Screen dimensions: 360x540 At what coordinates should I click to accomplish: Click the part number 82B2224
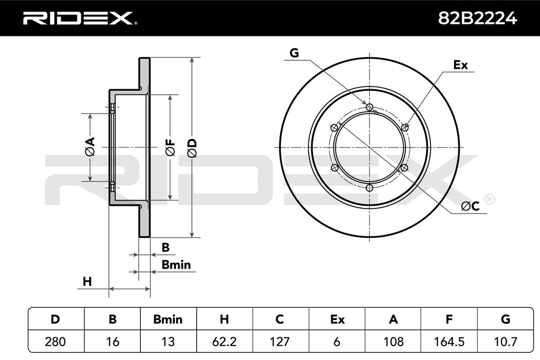pyautogui.click(x=477, y=18)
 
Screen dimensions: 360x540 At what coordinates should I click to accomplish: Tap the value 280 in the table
pyautogui.click(x=56, y=342)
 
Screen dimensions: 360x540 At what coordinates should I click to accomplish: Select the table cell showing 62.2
pyautogui.click(x=224, y=342)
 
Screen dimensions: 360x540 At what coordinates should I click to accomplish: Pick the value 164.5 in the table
pyautogui.click(x=449, y=342)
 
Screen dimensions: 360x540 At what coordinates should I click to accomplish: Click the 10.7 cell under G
pyautogui.click(x=505, y=342)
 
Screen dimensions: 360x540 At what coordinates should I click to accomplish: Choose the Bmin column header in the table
pyautogui.click(x=168, y=319)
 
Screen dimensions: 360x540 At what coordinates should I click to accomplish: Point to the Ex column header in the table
pyautogui.click(x=337, y=319)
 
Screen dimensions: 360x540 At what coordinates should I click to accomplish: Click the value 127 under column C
pyautogui.click(x=280, y=342)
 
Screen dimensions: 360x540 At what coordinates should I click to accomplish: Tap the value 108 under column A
pyautogui.click(x=393, y=342)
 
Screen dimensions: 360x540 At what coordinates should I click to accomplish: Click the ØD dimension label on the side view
pyautogui.click(x=192, y=147)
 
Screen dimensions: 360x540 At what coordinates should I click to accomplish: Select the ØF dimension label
pyautogui.click(x=170, y=147)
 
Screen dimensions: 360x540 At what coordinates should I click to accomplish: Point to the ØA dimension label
pyautogui.click(x=90, y=147)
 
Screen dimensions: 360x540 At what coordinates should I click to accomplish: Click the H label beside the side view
pyautogui.click(x=87, y=282)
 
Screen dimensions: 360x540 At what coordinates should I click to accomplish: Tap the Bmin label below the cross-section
pyautogui.click(x=176, y=265)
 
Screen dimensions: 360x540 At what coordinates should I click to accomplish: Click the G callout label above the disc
pyautogui.click(x=294, y=53)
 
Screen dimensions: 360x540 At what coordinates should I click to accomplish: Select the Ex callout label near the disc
pyautogui.click(x=460, y=65)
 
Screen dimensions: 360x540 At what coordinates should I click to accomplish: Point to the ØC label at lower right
pyautogui.click(x=471, y=206)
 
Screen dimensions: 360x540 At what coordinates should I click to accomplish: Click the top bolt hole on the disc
pyautogui.click(x=370, y=107)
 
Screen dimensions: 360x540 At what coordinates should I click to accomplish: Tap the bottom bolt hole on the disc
pyautogui.click(x=370, y=188)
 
